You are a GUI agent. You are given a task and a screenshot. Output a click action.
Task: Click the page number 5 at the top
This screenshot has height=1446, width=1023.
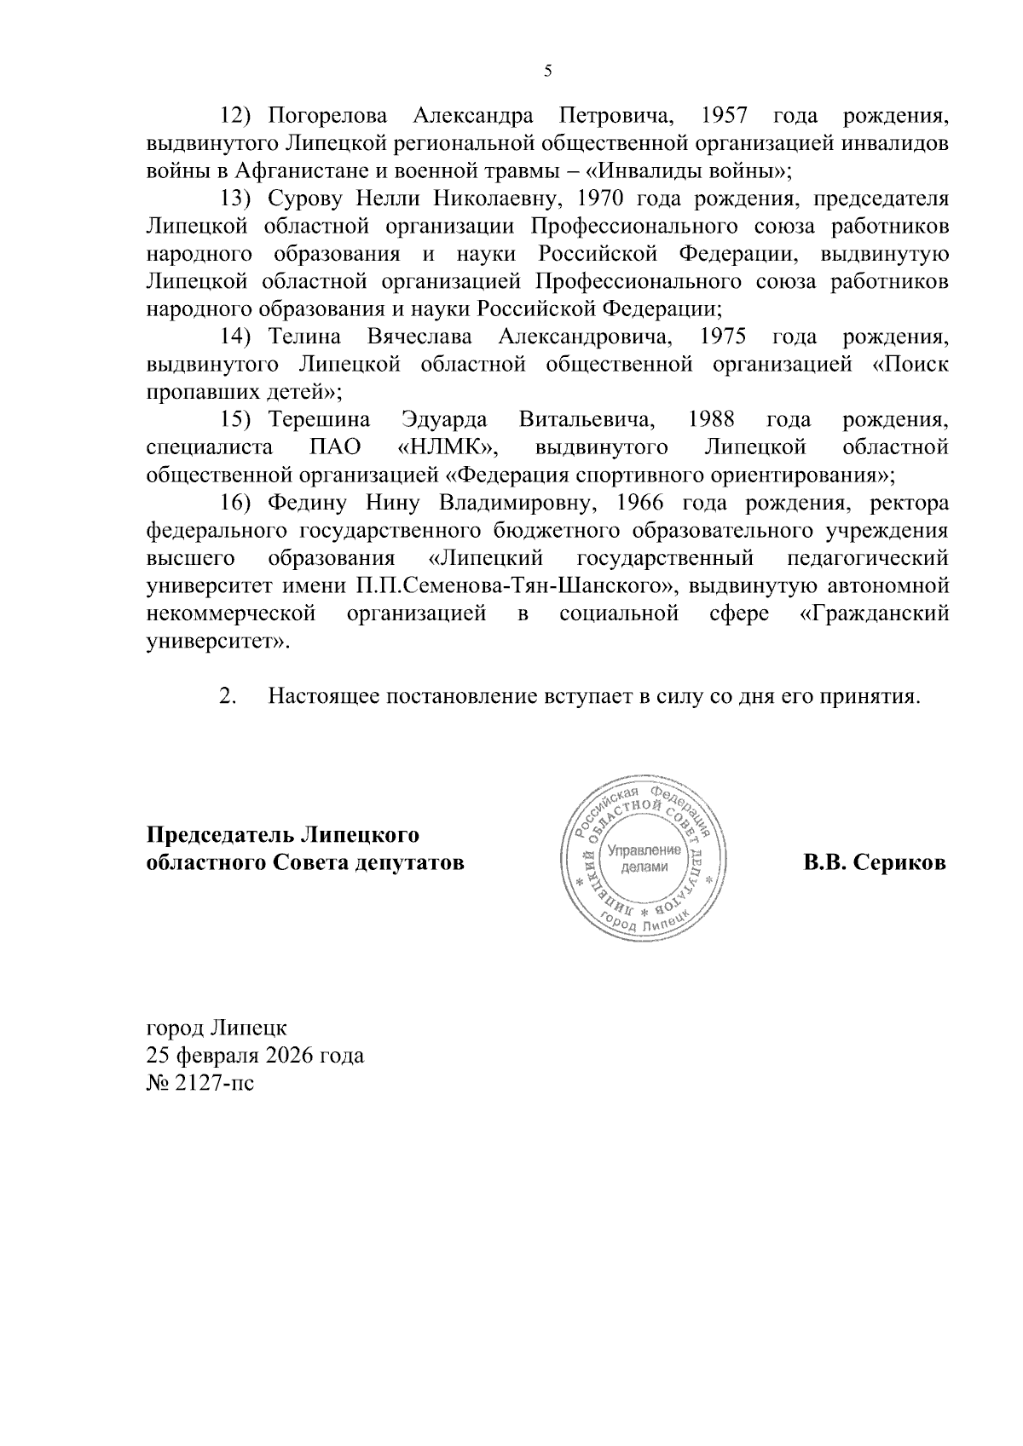point(548,72)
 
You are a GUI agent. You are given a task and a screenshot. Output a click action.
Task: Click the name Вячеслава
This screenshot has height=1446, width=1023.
point(419,337)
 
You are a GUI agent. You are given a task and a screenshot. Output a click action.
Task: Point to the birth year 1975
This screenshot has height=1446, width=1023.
point(723,337)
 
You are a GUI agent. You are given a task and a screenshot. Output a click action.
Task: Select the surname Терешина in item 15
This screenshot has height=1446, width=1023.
point(320,420)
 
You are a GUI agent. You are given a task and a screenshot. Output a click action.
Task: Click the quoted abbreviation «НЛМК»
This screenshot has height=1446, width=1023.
point(448,447)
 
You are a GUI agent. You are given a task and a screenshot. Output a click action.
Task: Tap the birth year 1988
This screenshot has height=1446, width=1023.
point(711,420)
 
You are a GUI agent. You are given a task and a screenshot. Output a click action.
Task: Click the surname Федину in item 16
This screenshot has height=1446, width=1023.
point(302,503)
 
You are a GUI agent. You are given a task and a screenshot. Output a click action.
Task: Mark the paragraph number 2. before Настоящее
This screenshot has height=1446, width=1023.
point(227,696)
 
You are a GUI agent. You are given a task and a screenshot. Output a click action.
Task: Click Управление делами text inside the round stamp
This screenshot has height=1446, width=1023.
point(644,858)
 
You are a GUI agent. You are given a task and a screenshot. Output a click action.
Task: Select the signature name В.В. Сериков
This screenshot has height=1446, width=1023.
point(874,862)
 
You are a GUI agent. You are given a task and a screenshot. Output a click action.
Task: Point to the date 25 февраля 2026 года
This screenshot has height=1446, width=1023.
point(255,1056)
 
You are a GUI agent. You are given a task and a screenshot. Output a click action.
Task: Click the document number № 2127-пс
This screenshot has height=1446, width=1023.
point(200,1084)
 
